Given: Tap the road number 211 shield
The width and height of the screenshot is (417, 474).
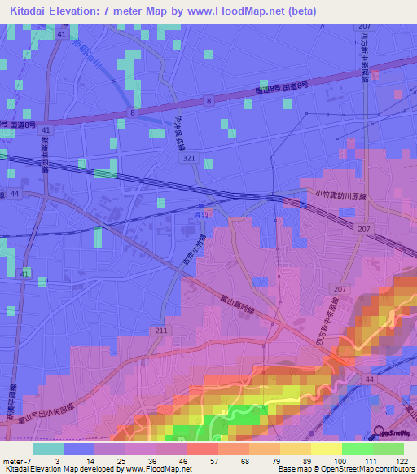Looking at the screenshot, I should tap(161, 330).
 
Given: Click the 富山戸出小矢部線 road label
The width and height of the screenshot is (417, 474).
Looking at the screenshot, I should tap(39, 416).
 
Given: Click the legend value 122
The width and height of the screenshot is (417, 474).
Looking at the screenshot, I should tap(400, 460).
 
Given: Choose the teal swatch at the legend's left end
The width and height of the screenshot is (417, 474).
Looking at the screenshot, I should tap(48, 449).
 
